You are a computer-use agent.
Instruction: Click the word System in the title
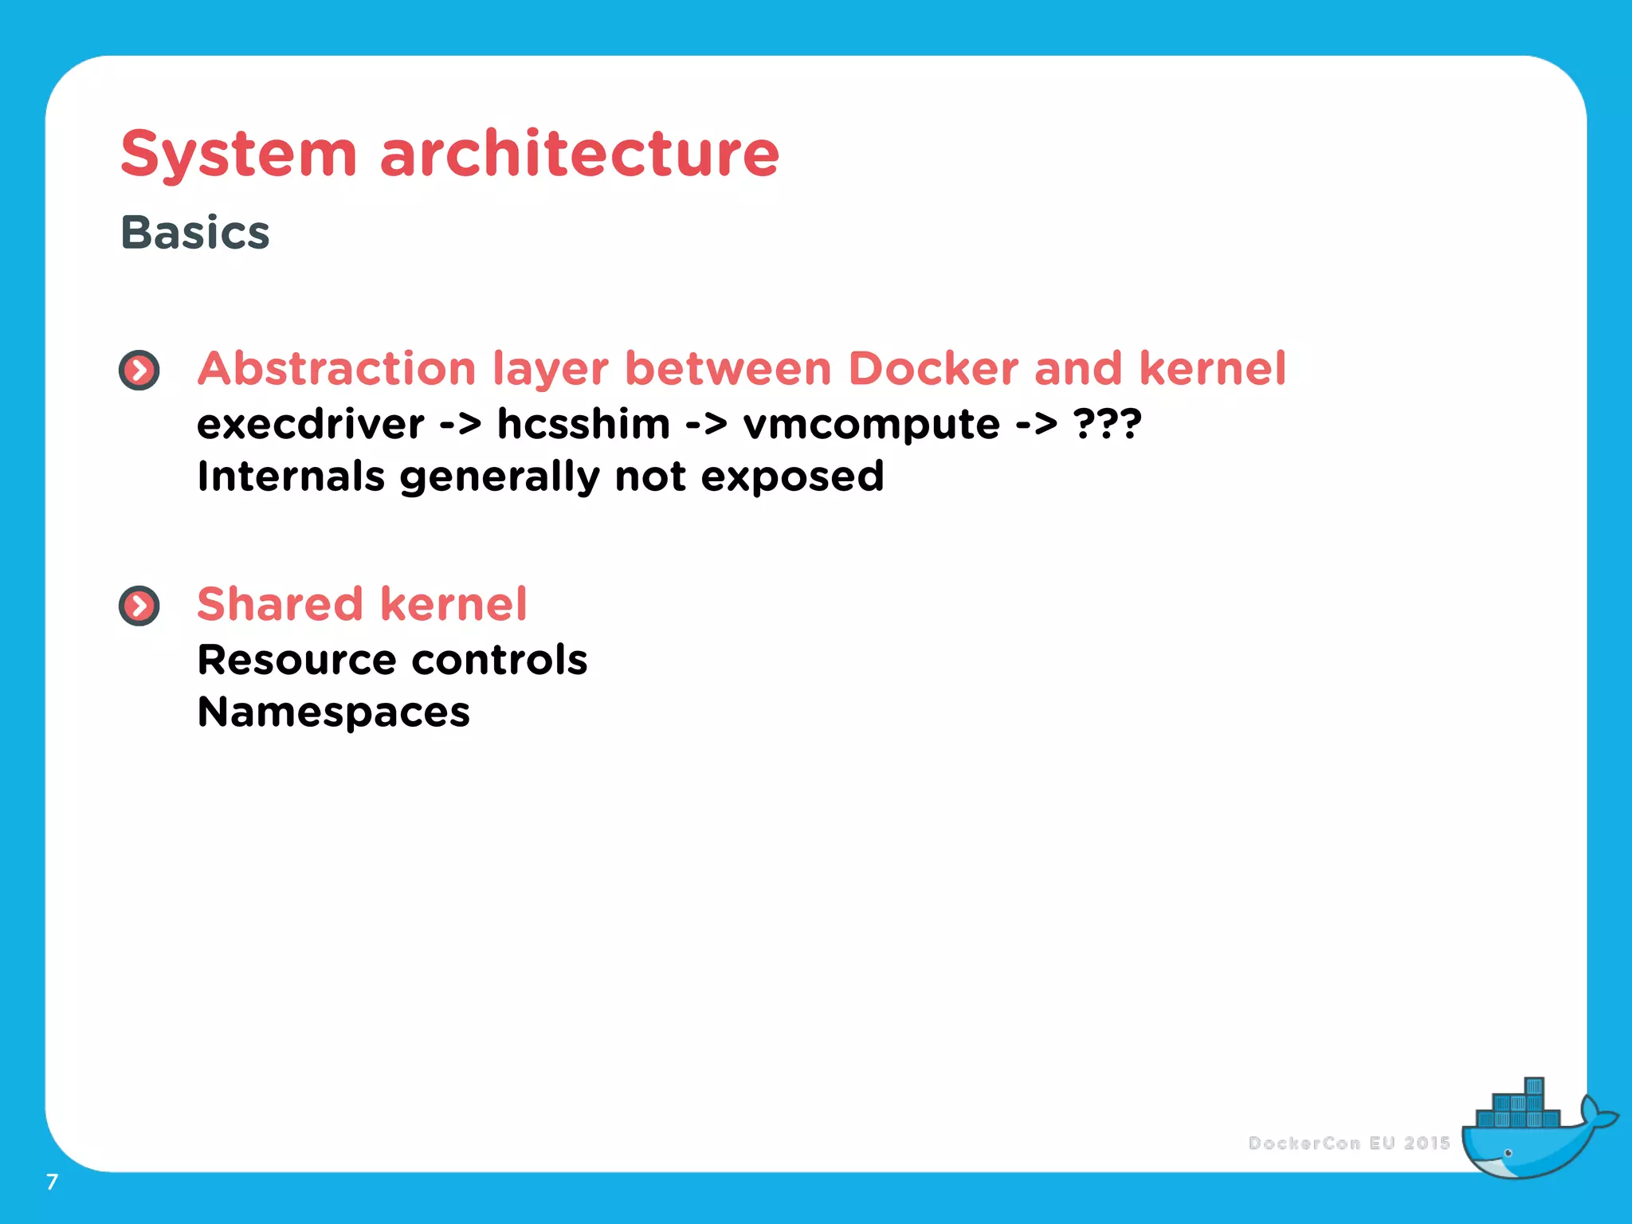tap(238, 155)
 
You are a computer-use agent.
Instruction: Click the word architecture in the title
tap(579, 153)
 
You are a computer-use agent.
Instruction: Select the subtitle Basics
tap(195, 233)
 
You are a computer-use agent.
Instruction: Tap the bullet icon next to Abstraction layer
tap(139, 371)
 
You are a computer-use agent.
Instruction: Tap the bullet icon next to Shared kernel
tap(139, 606)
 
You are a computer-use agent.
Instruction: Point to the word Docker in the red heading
tap(933, 368)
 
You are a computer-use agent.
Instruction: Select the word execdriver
tap(310, 423)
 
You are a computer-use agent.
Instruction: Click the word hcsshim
tap(583, 423)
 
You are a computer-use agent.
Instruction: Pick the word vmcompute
tap(871, 423)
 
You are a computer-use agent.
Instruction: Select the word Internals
tap(291, 476)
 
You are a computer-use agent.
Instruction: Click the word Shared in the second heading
tap(277, 603)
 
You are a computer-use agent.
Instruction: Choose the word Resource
tap(296, 660)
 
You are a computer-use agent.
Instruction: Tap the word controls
tap(500, 660)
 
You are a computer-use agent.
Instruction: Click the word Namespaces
tap(333, 712)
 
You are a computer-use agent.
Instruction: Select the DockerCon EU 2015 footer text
tap(1348, 1144)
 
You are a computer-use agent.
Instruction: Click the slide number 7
tap(53, 1182)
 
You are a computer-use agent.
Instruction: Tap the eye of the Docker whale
tap(1508, 1153)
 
